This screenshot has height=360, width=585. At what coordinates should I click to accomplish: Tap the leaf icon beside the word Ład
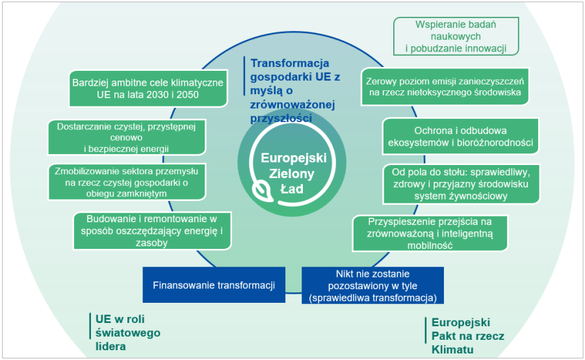(x=262, y=190)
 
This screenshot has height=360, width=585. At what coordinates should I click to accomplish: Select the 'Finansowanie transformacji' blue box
(x=214, y=285)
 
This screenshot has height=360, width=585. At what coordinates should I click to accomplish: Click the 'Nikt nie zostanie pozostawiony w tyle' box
(x=372, y=285)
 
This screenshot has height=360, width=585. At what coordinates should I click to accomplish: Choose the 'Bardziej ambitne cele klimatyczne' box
(x=148, y=89)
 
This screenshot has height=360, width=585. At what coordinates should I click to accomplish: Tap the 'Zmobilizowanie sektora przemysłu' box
(x=127, y=181)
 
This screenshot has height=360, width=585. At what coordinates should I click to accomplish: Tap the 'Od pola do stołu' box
(x=461, y=183)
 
